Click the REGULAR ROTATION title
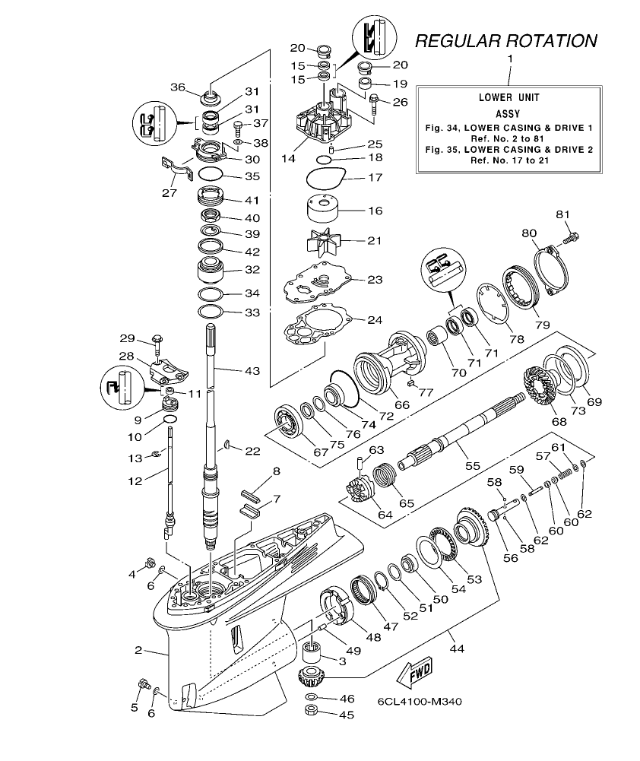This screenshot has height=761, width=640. [x=506, y=41]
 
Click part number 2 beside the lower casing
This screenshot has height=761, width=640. [x=138, y=650]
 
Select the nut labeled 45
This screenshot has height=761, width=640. [x=312, y=712]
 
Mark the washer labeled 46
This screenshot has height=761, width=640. [x=312, y=697]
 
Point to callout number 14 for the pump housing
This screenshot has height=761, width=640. [x=287, y=160]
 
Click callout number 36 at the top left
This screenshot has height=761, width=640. [x=178, y=87]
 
